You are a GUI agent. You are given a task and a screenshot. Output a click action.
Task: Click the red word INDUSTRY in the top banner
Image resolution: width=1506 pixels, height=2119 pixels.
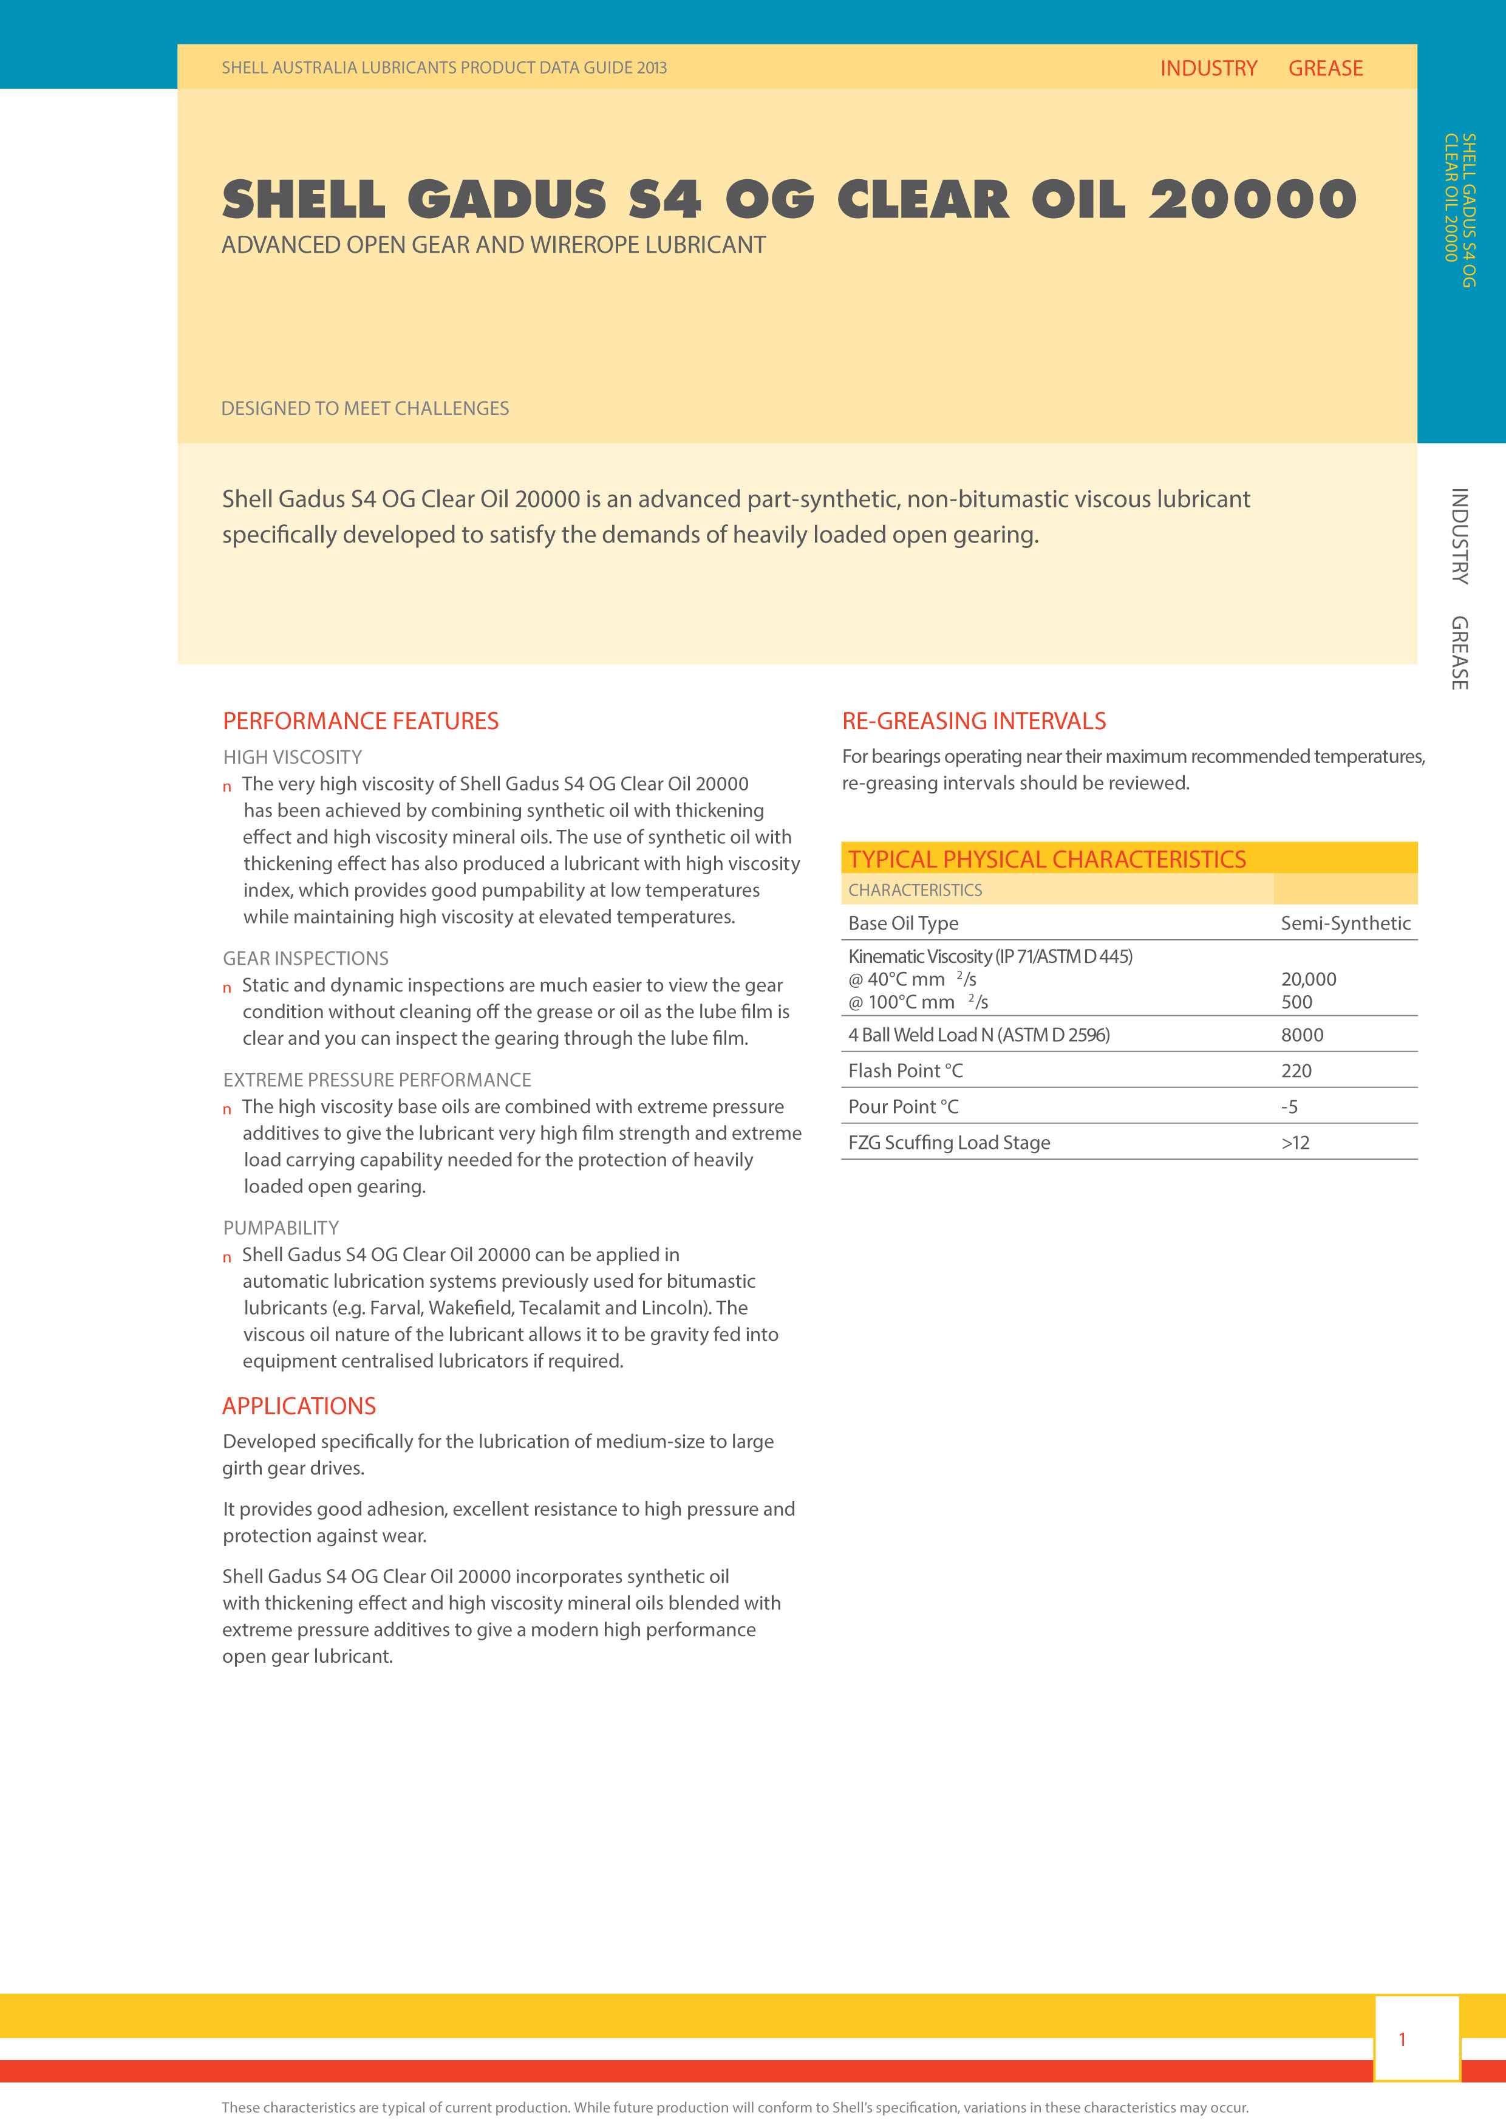[1208, 69]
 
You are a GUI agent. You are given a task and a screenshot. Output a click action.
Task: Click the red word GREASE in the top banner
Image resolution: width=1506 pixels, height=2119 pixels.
[1325, 69]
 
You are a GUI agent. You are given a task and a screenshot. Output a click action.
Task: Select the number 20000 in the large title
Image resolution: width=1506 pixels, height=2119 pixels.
[1253, 200]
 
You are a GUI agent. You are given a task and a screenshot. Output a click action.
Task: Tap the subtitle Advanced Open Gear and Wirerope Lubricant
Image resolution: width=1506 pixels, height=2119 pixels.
[493, 245]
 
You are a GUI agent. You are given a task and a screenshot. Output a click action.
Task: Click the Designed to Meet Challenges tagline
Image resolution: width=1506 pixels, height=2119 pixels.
[364, 408]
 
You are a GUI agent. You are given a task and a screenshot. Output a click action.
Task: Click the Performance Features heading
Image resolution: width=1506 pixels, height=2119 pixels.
[361, 721]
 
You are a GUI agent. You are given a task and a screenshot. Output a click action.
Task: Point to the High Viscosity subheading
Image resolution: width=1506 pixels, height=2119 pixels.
[292, 757]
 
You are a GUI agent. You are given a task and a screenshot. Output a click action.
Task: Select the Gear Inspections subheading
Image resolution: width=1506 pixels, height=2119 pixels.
[305, 959]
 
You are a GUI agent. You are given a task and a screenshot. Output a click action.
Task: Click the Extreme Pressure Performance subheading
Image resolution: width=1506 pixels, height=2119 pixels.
[376, 1080]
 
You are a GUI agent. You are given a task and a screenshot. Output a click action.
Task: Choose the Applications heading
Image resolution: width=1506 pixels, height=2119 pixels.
[299, 1406]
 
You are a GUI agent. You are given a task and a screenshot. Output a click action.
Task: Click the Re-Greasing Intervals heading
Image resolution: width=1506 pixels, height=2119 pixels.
[973, 721]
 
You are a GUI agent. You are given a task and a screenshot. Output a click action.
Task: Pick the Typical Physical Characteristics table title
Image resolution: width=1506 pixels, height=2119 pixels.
[1047, 859]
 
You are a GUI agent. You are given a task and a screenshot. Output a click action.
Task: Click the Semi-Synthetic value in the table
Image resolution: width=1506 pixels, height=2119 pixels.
[1344, 923]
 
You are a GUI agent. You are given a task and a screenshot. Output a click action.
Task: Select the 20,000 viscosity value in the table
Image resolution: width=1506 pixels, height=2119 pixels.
[1309, 979]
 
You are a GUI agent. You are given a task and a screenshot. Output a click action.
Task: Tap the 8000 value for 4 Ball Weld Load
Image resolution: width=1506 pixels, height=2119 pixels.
[1302, 1035]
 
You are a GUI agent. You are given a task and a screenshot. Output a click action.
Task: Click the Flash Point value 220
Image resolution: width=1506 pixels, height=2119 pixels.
[1296, 1070]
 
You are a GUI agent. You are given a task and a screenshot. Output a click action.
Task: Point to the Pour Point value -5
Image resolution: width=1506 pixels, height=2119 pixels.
[1290, 1107]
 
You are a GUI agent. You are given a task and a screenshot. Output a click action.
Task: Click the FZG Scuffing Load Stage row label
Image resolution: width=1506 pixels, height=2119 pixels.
[949, 1142]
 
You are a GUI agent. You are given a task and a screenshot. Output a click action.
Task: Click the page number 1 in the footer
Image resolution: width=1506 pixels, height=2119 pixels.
[1402, 2039]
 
